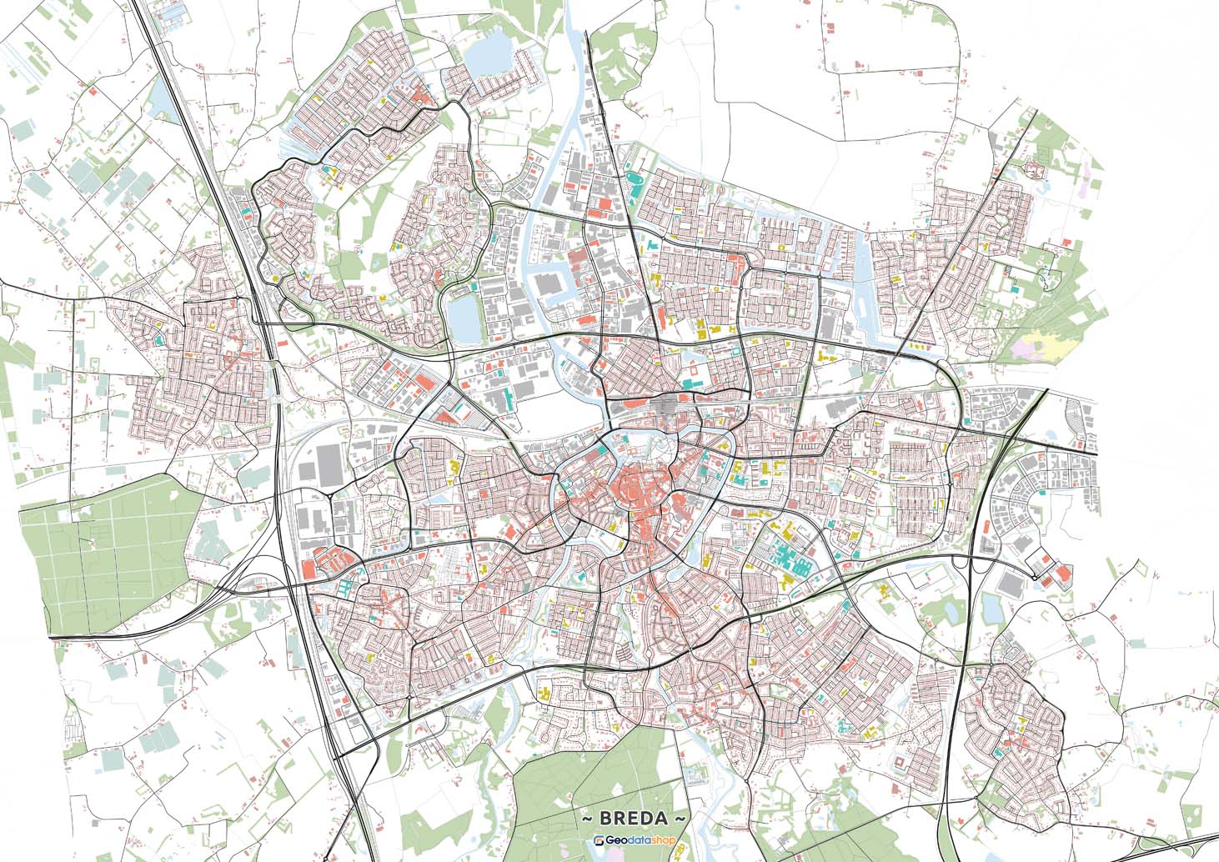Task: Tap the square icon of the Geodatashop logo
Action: tap(599, 841)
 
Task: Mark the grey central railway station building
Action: tap(667, 406)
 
